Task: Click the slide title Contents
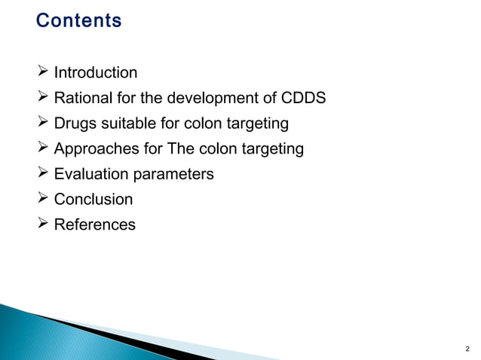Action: click(78, 20)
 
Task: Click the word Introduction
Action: click(96, 73)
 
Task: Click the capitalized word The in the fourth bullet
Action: click(183, 149)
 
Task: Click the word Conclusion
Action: click(93, 200)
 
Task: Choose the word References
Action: click(95, 224)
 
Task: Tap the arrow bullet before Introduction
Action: click(44, 73)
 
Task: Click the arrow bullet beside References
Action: click(44, 224)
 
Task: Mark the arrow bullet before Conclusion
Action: click(44, 200)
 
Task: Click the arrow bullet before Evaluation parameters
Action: click(44, 174)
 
